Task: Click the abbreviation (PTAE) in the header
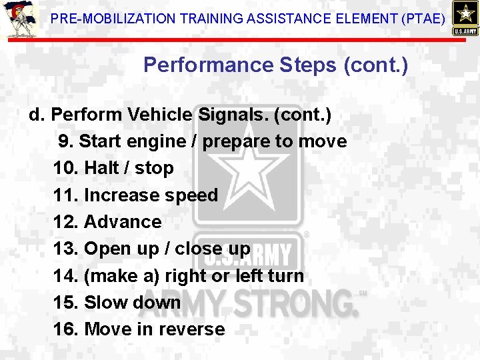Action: click(423, 19)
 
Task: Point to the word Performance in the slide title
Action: click(207, 65)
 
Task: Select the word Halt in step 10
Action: click(101, 168)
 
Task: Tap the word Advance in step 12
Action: click(123, 222)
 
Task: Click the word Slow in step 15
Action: click(105, 302)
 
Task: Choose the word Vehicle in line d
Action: click(161, 115)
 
